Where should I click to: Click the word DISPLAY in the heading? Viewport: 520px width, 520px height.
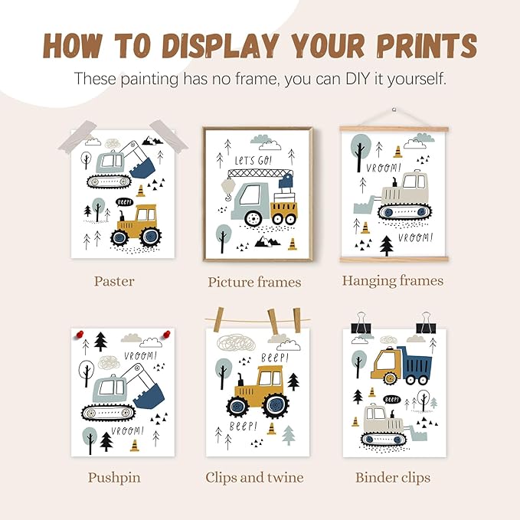point(221,45)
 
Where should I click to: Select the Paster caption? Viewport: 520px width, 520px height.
point(114,281)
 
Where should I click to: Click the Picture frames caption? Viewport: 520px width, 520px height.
point(254,283)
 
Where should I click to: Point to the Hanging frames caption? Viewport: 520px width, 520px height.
point(393,281)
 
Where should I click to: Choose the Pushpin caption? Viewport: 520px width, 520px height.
point(114,478)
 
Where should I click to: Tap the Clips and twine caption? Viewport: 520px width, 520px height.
point(254,478)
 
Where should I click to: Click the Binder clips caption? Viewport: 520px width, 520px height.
point(393,478)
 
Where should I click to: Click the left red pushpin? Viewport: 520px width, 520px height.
point(80,334)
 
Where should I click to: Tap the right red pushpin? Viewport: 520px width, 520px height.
point(166,334)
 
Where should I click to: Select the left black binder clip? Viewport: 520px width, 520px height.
point(361,323)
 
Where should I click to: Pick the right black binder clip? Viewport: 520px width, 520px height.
point(426,323)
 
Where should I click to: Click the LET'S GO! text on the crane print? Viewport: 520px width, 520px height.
point(253,161)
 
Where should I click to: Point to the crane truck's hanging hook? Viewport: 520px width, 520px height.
point(228,198)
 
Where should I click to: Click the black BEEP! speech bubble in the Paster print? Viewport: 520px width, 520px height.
point(124,202)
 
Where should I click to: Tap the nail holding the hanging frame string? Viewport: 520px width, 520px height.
point(394,110)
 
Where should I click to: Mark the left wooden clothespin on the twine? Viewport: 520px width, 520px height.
point(218,319)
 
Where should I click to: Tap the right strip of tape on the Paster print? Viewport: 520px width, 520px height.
point(168,136)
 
